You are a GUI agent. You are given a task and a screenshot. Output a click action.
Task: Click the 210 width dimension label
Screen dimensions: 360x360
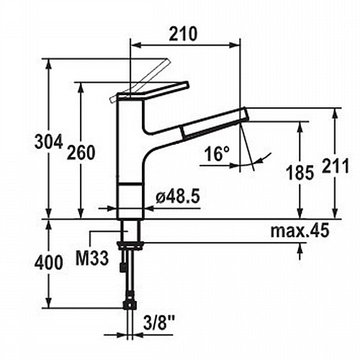click(183, 34)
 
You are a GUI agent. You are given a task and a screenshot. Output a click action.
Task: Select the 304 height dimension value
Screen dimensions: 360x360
click(49, 141)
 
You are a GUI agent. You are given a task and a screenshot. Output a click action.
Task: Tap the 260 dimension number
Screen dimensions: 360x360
click(81, 153)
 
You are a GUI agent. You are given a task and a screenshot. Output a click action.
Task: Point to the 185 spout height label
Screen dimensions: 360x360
click(300, 172)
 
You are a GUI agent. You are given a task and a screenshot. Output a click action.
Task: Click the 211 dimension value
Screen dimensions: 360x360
click(336, 166)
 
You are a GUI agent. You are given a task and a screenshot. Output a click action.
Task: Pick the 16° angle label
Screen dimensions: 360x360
click(217, 153)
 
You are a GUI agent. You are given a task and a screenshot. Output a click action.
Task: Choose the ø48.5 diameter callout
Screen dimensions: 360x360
click(178, 197)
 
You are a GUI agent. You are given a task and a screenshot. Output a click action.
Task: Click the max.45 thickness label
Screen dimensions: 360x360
click(300, 231)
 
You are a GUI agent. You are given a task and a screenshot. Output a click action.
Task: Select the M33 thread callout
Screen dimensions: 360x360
click(92, 258)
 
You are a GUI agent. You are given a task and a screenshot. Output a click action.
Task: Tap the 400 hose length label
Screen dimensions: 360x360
click(49, 262)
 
